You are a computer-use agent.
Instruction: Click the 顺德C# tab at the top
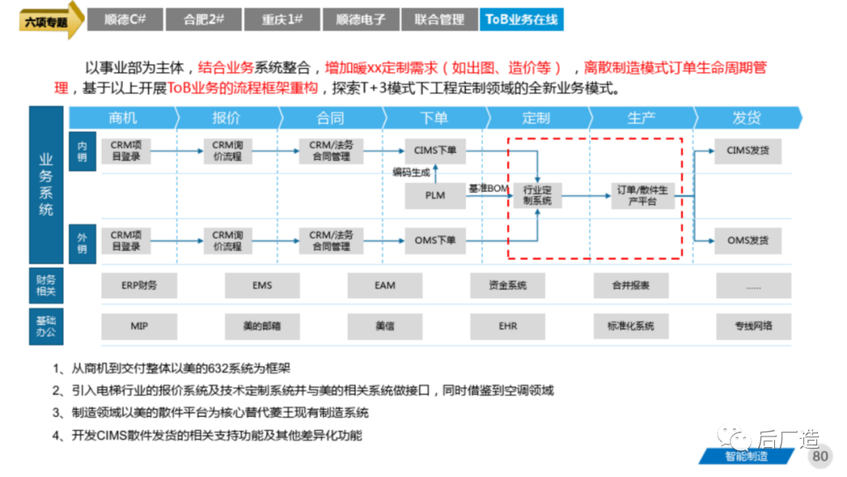(x=125, y=20)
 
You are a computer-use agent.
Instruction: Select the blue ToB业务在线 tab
(x=522, y=20)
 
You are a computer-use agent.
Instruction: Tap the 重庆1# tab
(x=282, y=20)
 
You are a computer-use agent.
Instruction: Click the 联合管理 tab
(x=439, y=20)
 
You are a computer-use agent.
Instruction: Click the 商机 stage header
(x=123, y=118)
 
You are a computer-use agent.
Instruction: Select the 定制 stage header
(x=536, y=118)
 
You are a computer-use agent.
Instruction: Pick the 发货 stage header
(x=747, y=118)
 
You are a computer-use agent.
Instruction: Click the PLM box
(x=434, y=195)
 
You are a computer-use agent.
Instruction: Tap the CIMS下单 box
(x=434, y=151)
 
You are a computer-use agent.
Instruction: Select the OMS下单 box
(x=434, y=240)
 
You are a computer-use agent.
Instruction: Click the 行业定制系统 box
(x=537, y=195)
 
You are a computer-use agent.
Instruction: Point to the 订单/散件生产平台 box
(x=642, y=195)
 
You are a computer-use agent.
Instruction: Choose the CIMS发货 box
(x=747, y=151)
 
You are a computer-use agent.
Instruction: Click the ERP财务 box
(x=139, y=286)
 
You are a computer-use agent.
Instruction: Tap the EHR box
(x=507, y=326)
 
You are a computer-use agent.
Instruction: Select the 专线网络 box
(x=754, y=326)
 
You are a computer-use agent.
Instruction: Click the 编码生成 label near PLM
(x=411, y=173)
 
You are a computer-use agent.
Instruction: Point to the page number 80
(x=820, y=456)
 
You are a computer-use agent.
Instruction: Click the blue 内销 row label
(x=82, y=151)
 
